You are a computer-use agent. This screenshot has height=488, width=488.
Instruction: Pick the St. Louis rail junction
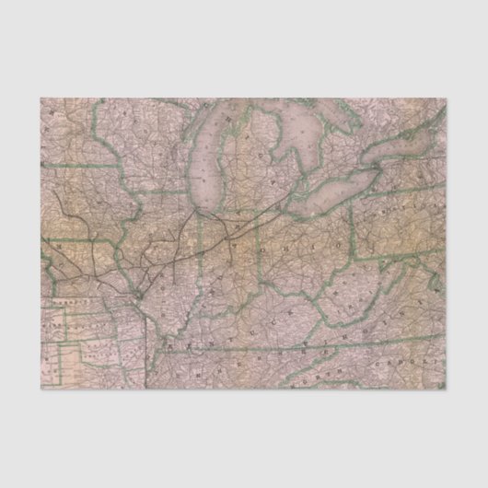(136, 292)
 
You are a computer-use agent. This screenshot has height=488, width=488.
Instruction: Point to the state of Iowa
(92, 221)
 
